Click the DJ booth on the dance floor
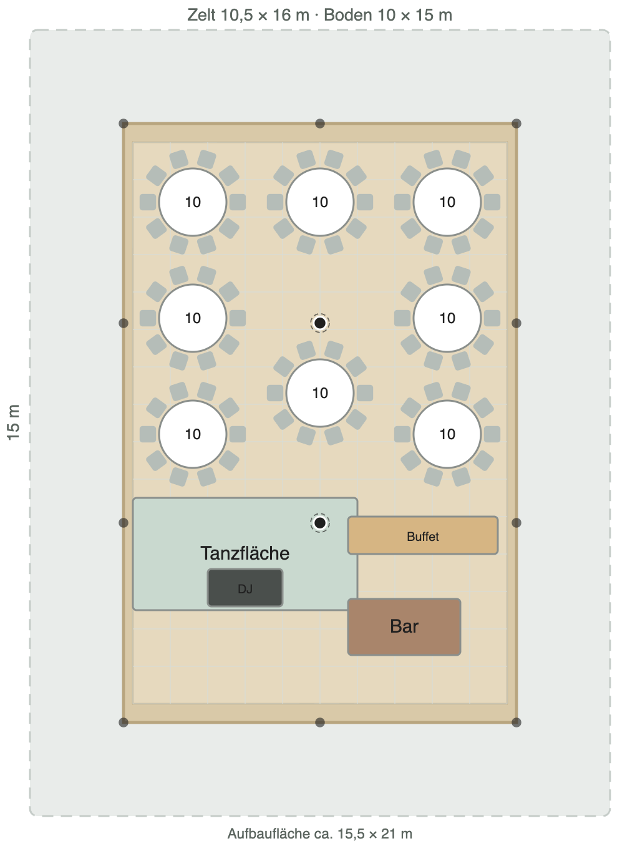pyautogui.click(x=245, y=588)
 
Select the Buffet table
pyautogui.click(x=423, y=535)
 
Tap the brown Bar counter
pyautogui.click(x=404, y=626)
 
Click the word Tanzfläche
pyautogui.click(x=245, y=553)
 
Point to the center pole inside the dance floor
pyautogui.click(x=320, y=523)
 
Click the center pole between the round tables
pyautogui.click(x=320, y=323)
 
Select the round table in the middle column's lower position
pyautogui.click(x=320, y=393)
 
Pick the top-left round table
pyautogui.click(x=193, y=202)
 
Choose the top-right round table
pyautogui.click(x=447, y=202)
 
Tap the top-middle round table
pyautogui.click(x=320, y=202)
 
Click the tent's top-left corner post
pyautogui.click(x=124, y=124)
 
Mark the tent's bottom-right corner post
pyautogui.click(x=516, y=722)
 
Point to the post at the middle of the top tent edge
pyautogui.click(x=320, y=124)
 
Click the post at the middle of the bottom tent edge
pyautogui.click(x=320, y=722)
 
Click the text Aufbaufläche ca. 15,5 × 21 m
pyautogui.click(x=320, y=834)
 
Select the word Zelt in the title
pyautogui.click(x=201, y=15)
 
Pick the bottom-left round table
pyautogui.click(x=193, y=434)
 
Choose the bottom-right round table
pyautogui.click(x=447, y=434)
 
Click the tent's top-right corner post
pyautogui.click(x=516, y=124)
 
